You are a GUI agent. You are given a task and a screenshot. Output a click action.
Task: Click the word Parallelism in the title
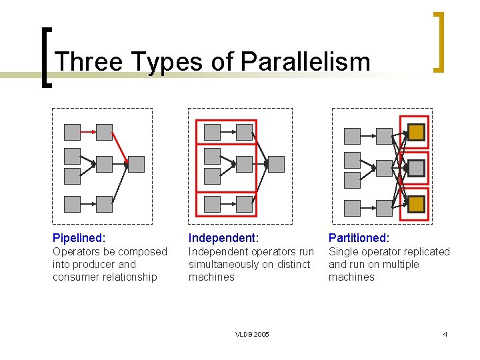[x=305, y=61]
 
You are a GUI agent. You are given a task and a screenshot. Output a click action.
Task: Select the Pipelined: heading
[x=79, y=237]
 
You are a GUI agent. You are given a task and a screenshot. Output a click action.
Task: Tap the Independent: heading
[x=223, y=237]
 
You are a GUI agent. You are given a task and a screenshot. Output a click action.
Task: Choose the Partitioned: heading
[x=359, y=237]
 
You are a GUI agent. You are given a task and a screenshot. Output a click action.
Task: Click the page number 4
[x=445, y=334]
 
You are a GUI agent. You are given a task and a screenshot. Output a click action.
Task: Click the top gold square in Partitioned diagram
[x=416, y=133]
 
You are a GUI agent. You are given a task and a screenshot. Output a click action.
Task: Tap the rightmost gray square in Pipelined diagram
[x=136, y=164]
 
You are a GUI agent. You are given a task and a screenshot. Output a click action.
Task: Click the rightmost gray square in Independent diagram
[x=276, y=164]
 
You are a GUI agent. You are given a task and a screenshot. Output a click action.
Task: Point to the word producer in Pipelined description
[x=97, y=264]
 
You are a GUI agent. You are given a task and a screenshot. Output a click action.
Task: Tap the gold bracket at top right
[x=439, y=41]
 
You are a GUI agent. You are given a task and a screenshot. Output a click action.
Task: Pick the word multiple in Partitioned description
[x=401, y=264]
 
